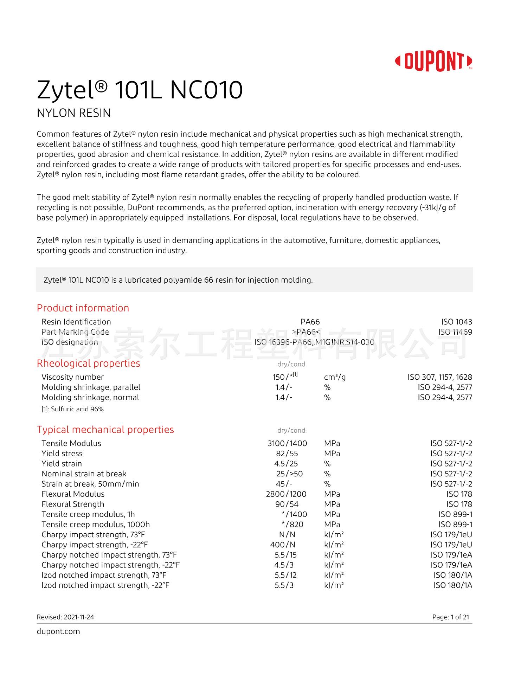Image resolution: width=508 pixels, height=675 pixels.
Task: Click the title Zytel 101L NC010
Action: point(140,90)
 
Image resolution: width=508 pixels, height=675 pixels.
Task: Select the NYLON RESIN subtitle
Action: point(74,113)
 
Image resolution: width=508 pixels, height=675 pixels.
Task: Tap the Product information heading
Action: point(83,308)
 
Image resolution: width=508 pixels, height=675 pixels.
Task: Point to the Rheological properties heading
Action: point(88,363)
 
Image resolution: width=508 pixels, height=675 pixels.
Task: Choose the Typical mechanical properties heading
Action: point(105,430)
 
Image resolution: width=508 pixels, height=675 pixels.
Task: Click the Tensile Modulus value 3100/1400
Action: point(287,443)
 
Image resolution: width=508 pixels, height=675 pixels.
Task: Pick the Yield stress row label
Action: point(62,454)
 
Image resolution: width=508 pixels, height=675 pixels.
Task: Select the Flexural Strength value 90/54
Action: point(287,504)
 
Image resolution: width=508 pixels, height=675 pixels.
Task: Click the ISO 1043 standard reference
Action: point(457,322)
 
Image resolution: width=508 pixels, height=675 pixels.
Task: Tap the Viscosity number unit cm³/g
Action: point(335,377)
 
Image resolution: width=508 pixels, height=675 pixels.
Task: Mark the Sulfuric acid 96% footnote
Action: point(73,409)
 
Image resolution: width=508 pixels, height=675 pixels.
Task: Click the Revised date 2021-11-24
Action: point(65,617)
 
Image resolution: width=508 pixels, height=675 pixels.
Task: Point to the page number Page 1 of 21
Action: point(450,617)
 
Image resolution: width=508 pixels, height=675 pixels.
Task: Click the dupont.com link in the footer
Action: point(58,631)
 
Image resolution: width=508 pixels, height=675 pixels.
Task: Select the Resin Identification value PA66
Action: point(310,322)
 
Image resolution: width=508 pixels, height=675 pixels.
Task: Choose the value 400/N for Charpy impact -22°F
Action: point(283,545)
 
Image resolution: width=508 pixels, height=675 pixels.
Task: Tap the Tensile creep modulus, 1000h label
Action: point(96,525)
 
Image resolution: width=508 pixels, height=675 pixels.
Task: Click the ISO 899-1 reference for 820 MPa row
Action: point(455,525)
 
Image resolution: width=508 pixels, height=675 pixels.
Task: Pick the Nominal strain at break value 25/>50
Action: point(289,474)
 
